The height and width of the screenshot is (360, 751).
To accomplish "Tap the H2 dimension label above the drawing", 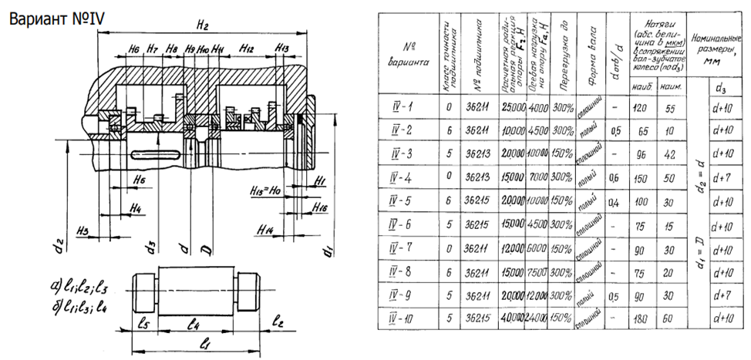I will (203, 25).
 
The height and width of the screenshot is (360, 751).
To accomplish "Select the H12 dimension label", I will (247, 48).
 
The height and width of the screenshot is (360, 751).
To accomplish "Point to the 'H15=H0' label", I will (267, 189).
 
